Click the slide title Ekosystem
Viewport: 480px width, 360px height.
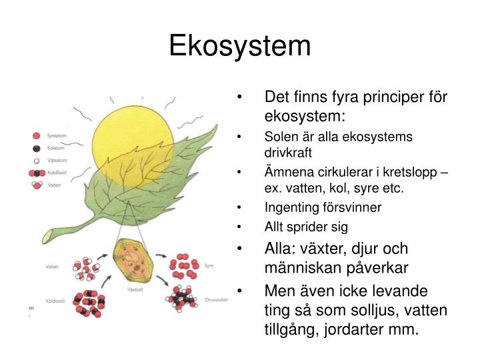(x=239, y=45)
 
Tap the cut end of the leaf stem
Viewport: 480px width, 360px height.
(x=49, y=235)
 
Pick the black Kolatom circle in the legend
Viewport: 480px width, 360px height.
(x=37, y=148)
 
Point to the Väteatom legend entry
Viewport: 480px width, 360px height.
(x=37, y=160)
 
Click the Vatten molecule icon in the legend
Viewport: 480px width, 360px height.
(x=37, y=185)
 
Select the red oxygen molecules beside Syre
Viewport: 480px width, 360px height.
(x=184, y=265)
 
